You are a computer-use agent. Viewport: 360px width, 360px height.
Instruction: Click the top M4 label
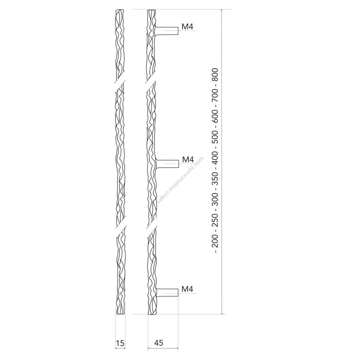187,27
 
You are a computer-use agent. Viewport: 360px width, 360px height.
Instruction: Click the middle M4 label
188,159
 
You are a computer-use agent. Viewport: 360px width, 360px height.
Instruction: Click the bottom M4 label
187,289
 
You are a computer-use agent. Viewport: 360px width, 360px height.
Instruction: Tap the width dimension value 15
120,343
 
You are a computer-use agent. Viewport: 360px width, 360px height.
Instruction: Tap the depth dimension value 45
159,343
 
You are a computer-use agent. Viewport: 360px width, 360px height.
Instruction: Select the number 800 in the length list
215,75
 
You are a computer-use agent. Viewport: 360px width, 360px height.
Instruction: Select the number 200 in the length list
215,241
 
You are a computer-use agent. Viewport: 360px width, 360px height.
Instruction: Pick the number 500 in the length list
215,137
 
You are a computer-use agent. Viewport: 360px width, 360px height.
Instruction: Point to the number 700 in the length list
215,96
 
